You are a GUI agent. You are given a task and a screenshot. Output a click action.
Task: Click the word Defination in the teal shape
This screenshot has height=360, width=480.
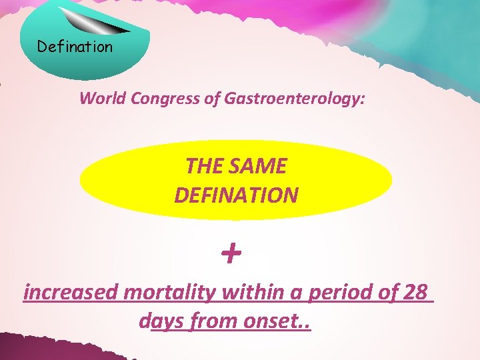tap(75, 47)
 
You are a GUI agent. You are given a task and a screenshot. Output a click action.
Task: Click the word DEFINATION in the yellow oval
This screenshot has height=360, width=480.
tap(236, 195)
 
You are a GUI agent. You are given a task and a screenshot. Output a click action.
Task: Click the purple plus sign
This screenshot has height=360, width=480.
tap(231, 254)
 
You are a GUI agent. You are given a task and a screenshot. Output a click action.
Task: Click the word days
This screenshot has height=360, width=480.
tap(163, 321)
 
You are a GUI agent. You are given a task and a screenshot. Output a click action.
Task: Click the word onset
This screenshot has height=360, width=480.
tap(273, 321)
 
